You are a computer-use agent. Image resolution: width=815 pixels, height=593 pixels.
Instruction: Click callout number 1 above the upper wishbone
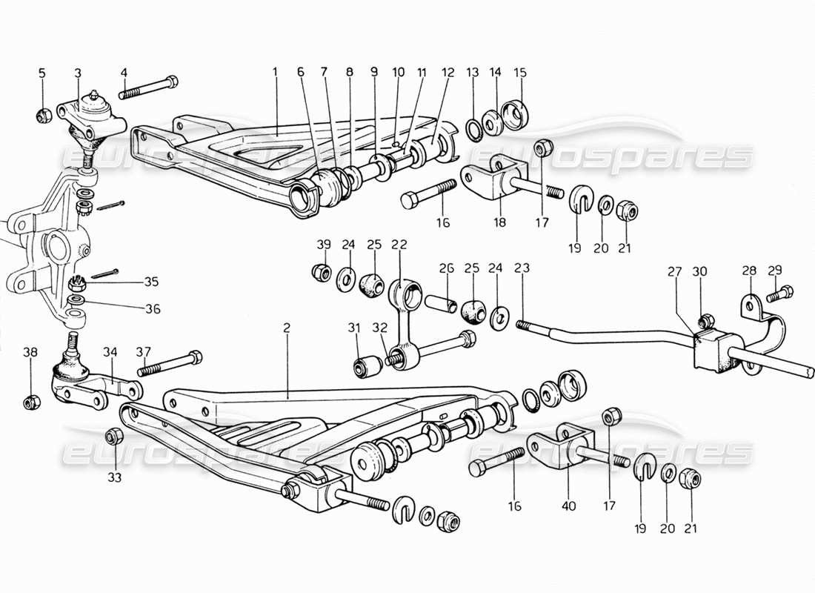274,72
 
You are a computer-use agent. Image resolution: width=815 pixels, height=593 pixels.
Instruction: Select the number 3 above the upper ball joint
78,72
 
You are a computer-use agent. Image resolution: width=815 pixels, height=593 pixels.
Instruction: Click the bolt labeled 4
148,87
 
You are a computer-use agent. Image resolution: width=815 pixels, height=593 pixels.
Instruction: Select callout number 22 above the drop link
400,244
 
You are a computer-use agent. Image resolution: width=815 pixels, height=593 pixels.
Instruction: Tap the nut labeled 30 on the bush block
705,321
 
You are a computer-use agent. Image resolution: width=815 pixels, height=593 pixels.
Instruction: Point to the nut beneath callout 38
30,402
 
